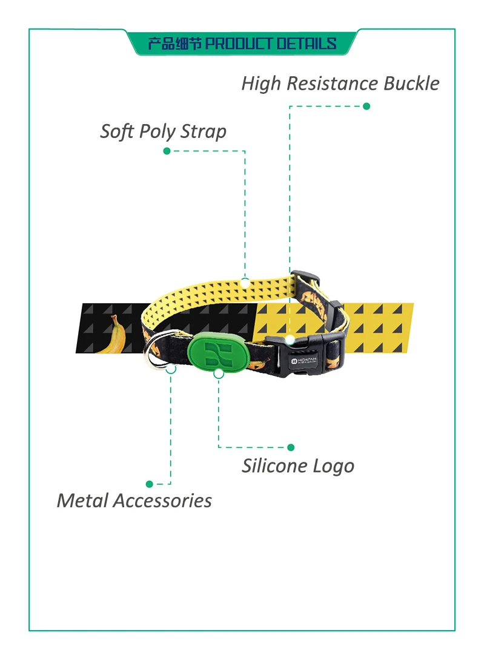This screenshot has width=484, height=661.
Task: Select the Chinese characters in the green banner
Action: coord(175,44)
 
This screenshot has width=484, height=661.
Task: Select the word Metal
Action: coord(82,501)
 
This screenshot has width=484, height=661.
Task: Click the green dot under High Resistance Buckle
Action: coord(366,106)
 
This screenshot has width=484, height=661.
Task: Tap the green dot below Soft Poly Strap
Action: coord(167,151)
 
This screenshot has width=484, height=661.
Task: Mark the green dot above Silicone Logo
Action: coord(291,447)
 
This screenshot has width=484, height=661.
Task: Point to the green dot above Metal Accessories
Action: coord(149,484)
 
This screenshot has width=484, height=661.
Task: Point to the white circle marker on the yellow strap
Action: coord(245,282)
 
